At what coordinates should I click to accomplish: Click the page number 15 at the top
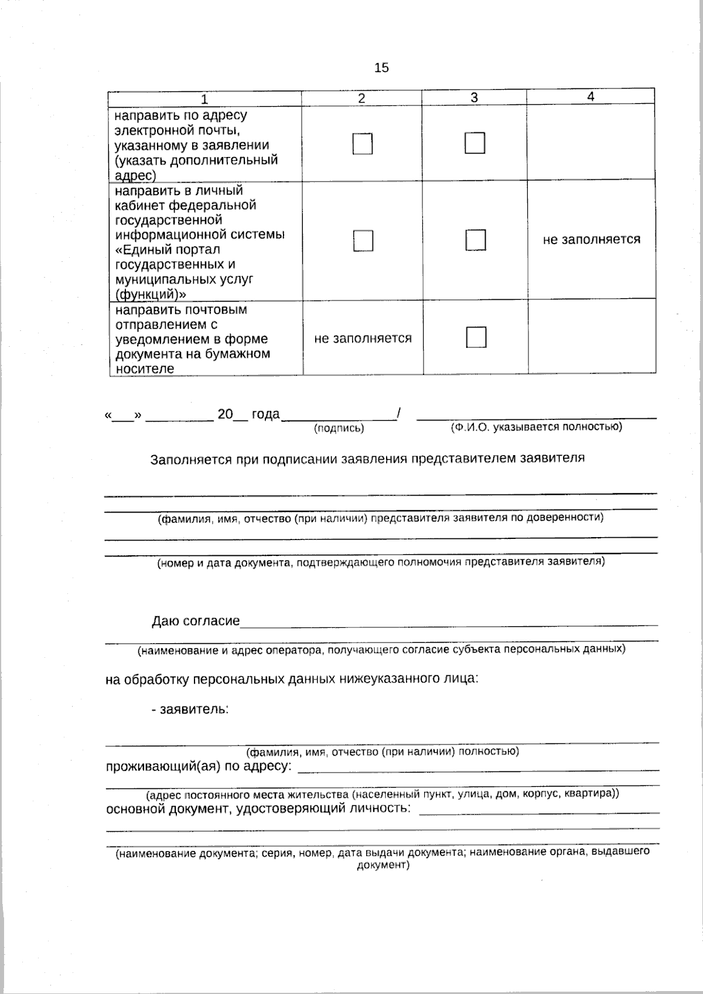pos(381,68)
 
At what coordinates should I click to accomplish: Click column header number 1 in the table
pos(204,98)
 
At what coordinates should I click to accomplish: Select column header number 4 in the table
pos(591,97)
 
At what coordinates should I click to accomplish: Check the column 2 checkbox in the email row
pos(363,144)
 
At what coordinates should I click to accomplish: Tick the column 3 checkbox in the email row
pos(475,143)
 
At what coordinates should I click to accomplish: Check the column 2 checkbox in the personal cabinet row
pos(363,241)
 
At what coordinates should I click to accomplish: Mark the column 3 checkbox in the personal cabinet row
pos(476,240)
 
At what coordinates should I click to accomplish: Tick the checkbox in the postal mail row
pos(476,337)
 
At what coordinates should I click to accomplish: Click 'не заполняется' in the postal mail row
pos(363,339)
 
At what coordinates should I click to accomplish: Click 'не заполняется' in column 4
pos(591,240)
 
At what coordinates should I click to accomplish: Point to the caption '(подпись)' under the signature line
pos(339,429)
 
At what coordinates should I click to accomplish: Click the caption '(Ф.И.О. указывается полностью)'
pos(536,427)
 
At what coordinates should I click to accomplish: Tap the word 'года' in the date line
pos(265,415)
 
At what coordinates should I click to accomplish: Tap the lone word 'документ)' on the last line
pos(383,865)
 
